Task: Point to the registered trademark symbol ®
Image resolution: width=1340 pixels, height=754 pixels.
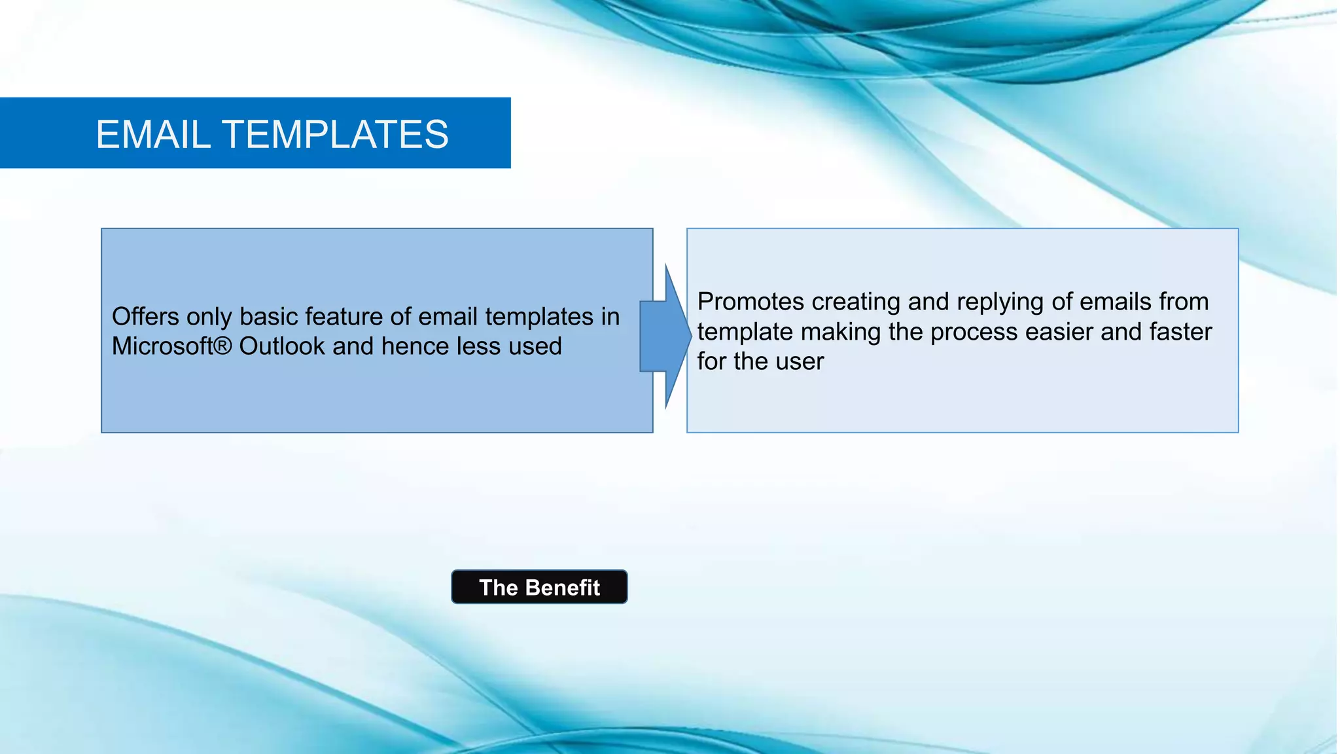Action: click(223, 345)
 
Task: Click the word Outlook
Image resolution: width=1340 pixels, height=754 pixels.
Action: click(282, 346)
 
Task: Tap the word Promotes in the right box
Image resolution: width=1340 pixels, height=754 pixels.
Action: click(750, 302)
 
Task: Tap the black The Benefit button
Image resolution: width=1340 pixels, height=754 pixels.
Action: click(539, 587)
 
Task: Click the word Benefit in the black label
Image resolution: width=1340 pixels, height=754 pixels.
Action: click(562, 588)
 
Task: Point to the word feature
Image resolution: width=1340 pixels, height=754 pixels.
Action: click(344, 317)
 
